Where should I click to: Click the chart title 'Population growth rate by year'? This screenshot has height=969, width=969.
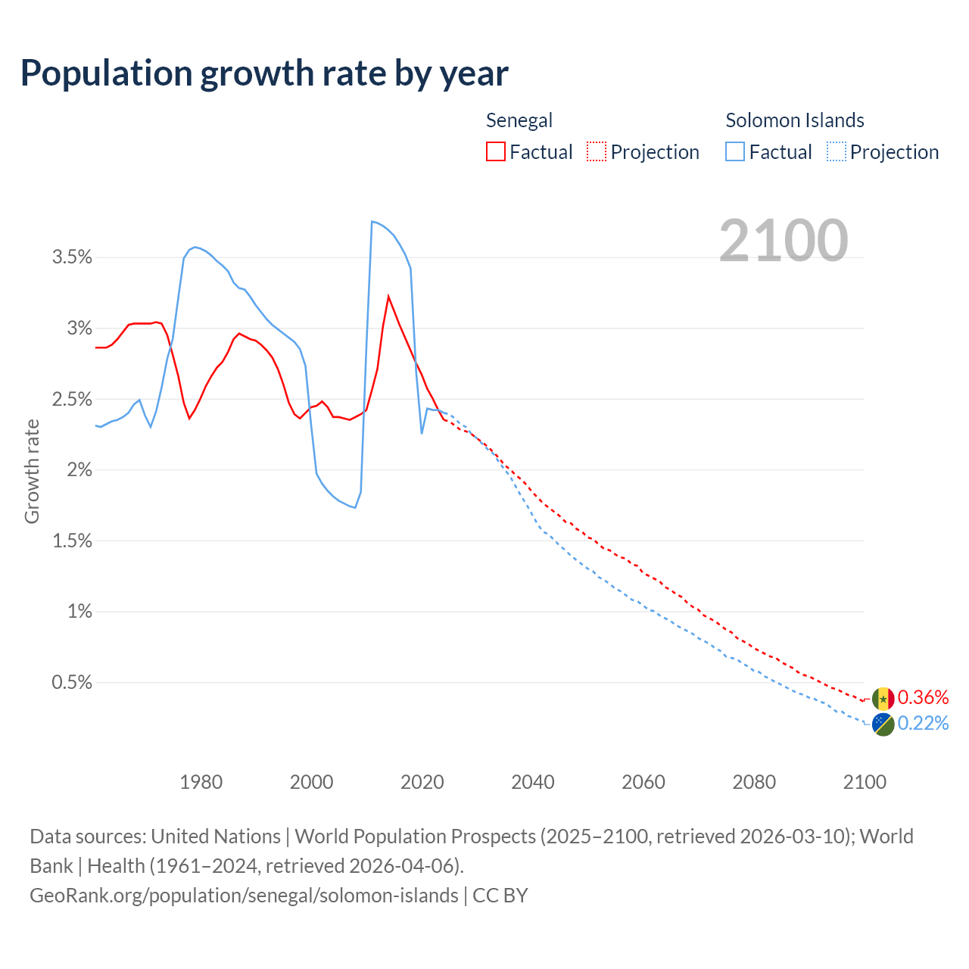264,73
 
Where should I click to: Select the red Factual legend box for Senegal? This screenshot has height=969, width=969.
495,151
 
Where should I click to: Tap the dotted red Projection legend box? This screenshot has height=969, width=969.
597,151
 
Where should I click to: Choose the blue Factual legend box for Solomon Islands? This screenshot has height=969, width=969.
734,151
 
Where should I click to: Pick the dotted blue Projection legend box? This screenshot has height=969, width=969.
836,151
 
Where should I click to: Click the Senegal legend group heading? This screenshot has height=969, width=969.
519,120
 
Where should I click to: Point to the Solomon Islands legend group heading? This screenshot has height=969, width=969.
794,120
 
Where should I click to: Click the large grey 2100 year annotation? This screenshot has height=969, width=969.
784,241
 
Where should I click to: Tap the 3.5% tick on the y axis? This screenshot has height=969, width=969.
72,257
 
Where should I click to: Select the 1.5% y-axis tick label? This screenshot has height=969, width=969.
72,541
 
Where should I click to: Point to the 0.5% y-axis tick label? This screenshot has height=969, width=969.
72,682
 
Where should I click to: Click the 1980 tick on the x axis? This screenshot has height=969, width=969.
201,782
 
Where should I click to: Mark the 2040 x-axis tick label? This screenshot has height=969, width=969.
532,782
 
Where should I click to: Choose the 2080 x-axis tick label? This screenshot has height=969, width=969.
754,782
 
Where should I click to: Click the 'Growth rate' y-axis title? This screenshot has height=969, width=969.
32,471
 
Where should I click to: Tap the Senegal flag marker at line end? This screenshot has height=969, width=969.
883,699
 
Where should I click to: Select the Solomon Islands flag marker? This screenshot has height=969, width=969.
883,724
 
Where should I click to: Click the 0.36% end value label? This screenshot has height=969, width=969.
923,697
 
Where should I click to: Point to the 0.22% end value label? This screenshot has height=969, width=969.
923,724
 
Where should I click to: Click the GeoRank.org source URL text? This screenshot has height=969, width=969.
244,896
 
